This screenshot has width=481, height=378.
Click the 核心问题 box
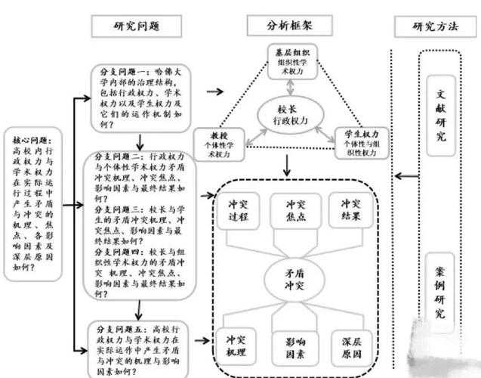coord(32,203)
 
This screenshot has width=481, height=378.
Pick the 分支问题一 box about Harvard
coord(141,92)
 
